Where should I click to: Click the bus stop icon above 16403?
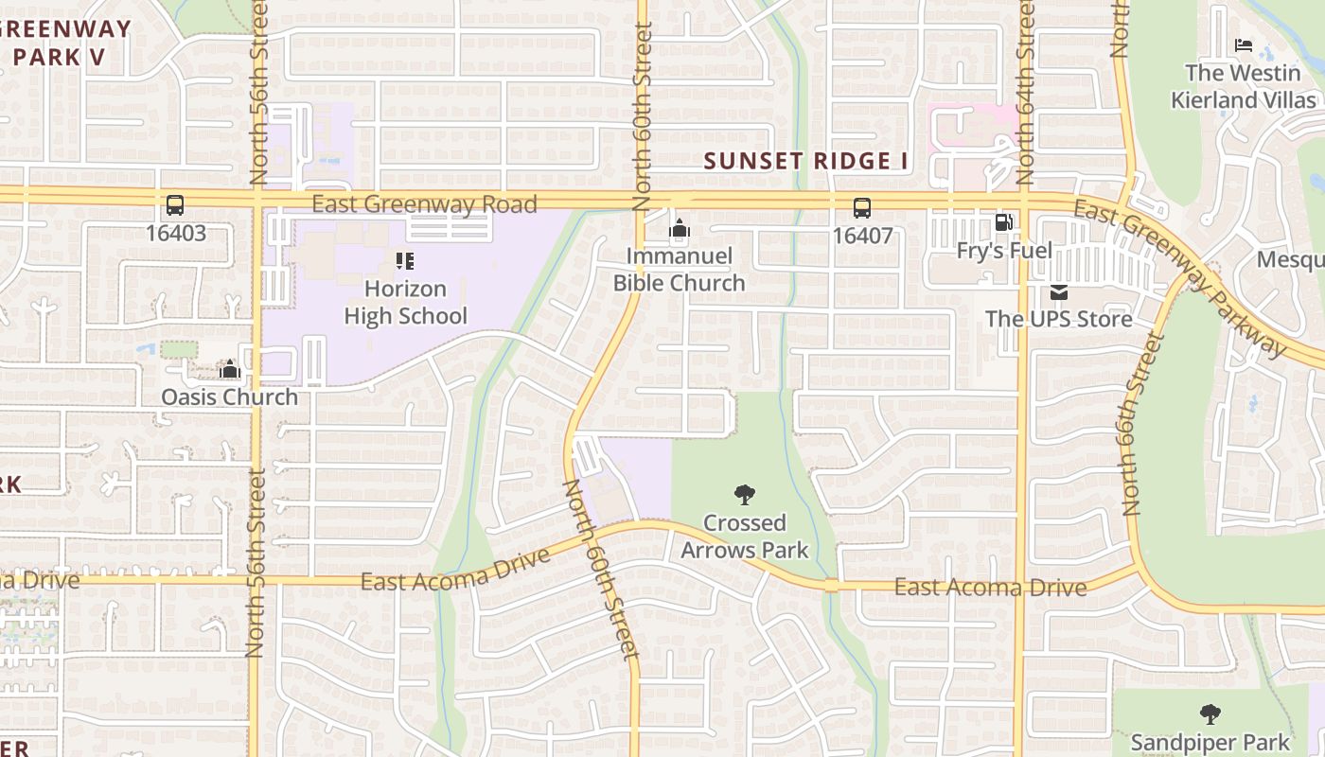click(x=174, y=205)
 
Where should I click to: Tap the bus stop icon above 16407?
click(x=861, y=208)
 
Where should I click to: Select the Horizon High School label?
click(x=405, y=302)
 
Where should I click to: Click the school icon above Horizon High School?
click(x=405, y=261)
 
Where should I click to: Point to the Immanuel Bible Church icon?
click(x=679, y=228)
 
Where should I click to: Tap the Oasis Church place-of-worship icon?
click(x=229, y=369)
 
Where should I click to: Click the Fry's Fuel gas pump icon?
click(x=1003, y=223)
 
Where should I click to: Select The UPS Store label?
click(x=1058, y=319)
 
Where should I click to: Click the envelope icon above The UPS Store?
click(x=1058, y=292)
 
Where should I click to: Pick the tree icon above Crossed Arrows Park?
click(x=745, y=494)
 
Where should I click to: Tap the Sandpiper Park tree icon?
click(x=1210, y=714)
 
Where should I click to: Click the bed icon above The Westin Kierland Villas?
click(x=1244, y=45)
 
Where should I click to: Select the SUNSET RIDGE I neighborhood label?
click(x=805, y=161)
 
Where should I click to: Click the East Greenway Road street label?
click(x=424, y=203)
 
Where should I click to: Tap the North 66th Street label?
click(x=1140, y=424)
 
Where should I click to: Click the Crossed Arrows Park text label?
click(x=745, y=536)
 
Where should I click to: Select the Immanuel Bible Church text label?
click(x=679, y=269)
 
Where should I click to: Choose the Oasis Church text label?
click(x=229, y=396)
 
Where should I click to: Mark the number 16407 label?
click(x=861, y=235)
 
